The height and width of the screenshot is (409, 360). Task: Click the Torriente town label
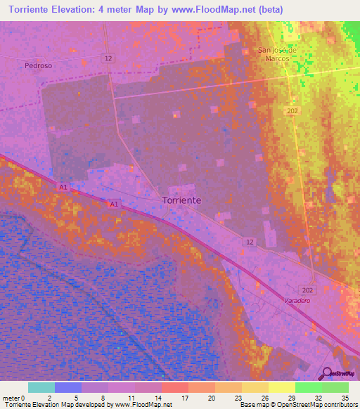pyautogui.click(x=181, y=200)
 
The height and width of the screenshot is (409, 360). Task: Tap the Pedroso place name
pyautogui.click(x=38, y=65)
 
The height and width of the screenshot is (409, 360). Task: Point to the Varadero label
pyautogui.click(x=297, y=300)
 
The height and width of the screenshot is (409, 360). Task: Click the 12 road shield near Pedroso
pyautogui.click(x=107, y=58)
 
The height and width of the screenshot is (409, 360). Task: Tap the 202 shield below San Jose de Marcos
pyautogui.click(x=292, y=111)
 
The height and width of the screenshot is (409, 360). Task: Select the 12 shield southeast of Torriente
pyautogui.click(x=250, y=242)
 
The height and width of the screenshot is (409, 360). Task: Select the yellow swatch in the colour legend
pyautogui.click(x=281, y=387)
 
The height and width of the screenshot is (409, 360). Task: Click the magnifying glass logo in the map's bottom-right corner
pyautogui.click(x=326, y=373)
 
